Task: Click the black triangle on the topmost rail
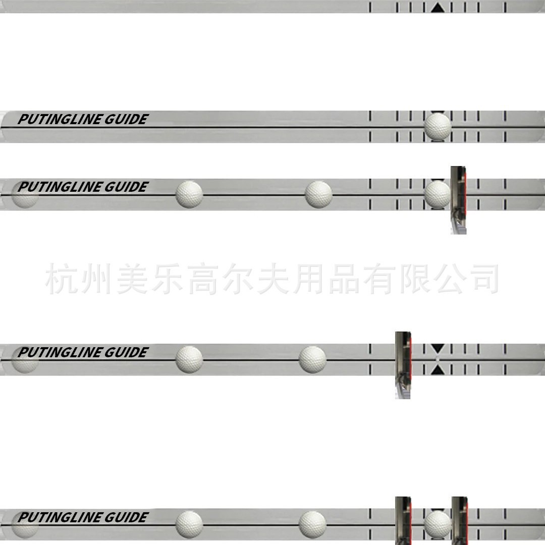pyautogui.click(x=438, y=8)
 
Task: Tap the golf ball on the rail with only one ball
pyautogui.click(x=438, y=126)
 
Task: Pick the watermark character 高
pyautogui.click(x=201, y=279)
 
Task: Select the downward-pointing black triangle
pyautogui.click(x=438, y=348)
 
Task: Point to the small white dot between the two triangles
pyautogui.click(x=438, y=359)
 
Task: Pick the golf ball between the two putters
pyautogui.click(x=438, y=523)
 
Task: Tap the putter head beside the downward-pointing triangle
pyautogui.click(x=403, y=364)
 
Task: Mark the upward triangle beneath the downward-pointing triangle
pyautogui.click(x=438, y=370)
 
